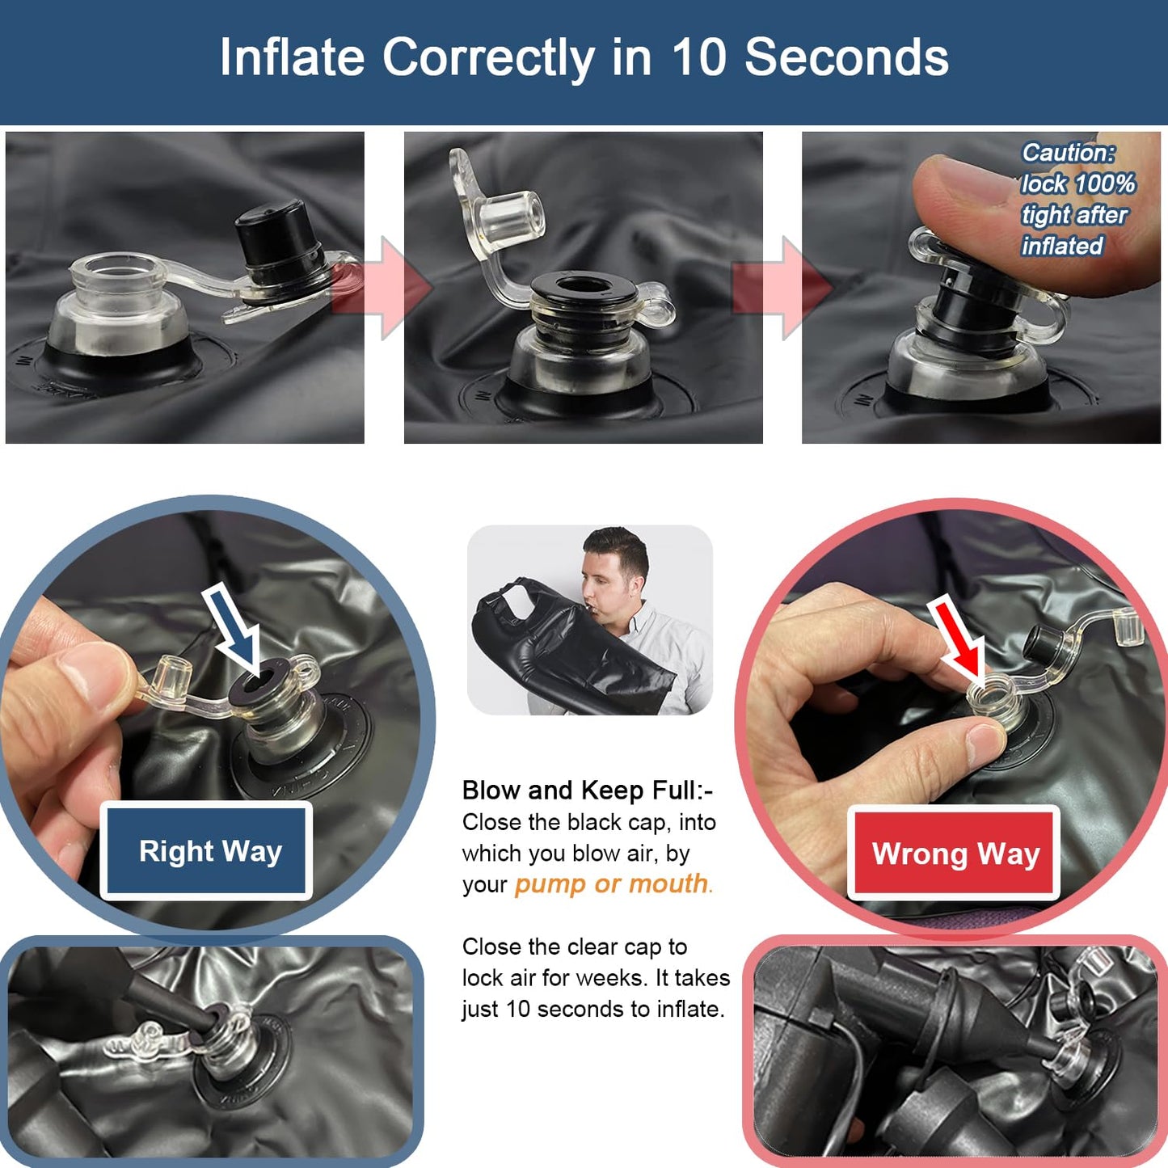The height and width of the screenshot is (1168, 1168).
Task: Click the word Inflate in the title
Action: [x=292, y=57]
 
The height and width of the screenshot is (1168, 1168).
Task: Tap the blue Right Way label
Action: [x=207, y=851]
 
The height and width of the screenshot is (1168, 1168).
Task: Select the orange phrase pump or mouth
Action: [x=611, y=883]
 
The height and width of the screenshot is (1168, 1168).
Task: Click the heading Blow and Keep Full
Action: [x=588, y=791]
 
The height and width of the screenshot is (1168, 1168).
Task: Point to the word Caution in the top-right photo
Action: [x=1069, y=154]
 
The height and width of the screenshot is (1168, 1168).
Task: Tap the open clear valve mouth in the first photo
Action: [x=116, y=270]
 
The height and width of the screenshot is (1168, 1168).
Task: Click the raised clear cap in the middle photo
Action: [x=497, y=212]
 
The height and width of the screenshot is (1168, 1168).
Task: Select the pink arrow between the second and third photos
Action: [x=782, y=288]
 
